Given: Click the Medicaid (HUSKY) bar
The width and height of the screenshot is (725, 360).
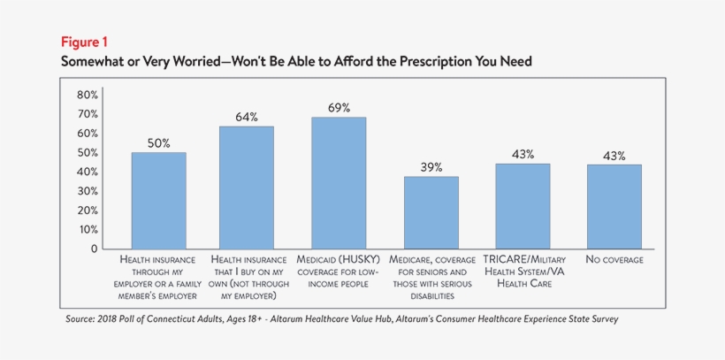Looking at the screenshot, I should click(339, 183).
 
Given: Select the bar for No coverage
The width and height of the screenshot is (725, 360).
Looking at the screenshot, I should click(614, 206).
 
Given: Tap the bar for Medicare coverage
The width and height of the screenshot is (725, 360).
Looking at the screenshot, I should click(431, 212).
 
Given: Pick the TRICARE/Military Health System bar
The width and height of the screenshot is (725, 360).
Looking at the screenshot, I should click(523, 206).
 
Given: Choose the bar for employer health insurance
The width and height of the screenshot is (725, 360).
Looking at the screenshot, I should click(159, 201).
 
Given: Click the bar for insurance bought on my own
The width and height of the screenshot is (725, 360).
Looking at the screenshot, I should click(247, 188).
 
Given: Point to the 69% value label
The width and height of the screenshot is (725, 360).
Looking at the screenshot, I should click(339, 108).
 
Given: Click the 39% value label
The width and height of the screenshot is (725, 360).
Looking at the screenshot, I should click(431, 167).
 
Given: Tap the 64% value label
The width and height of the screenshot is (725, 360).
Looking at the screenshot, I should click(247, 117).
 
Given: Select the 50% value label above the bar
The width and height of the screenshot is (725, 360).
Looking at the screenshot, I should click(159, 143).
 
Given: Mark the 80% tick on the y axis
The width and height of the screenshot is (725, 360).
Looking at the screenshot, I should click(88, 95).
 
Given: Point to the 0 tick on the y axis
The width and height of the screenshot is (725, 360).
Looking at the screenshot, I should click(93, 249).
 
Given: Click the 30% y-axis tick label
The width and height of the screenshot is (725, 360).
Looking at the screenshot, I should click(88, 191).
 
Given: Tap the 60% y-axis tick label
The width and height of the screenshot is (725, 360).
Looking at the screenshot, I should click(88, 134).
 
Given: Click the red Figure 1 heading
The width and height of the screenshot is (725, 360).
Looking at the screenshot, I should click(85, 42).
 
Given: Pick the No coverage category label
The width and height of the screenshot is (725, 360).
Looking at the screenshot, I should click(614, 260).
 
